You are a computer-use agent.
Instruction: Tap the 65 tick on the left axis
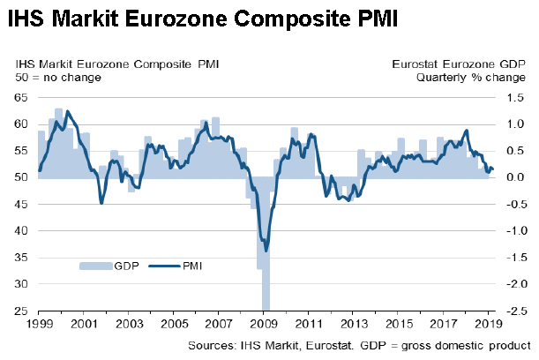(20, 98)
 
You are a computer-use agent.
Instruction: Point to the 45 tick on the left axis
(20, 204)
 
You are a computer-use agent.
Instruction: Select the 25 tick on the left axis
(20, 311)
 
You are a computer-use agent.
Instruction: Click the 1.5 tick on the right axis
(515, 98)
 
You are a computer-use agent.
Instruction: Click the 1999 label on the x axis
(40, 324)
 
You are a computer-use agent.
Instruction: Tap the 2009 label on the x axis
(264, 324)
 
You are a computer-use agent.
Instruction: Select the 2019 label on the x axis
(489, 324)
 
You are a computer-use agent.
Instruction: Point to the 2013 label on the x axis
(354, 324)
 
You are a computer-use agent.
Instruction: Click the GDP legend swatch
(96, 266)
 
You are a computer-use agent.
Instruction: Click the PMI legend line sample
(164, 266)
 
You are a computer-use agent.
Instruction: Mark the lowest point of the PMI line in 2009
(266, 251)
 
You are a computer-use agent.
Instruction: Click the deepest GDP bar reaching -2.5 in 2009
(266, 244)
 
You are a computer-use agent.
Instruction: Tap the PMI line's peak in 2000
(67, 111)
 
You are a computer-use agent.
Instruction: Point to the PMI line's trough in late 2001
(101, 204)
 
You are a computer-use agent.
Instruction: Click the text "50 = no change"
(58, 78)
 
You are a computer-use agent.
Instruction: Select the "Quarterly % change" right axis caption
(471, 78)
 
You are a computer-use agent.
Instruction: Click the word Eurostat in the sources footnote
(329, 345)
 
